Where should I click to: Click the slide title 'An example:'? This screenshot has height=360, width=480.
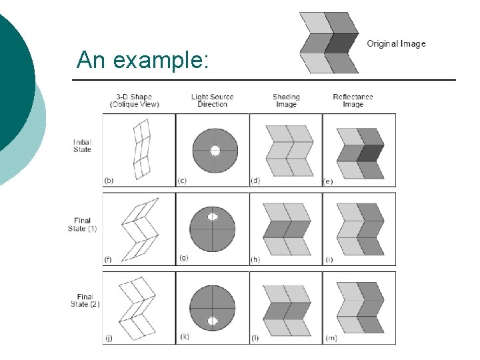143,60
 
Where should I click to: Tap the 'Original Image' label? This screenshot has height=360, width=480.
396,44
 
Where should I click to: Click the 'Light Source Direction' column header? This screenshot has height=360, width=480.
213,100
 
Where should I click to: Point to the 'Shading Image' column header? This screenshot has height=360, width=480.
286,100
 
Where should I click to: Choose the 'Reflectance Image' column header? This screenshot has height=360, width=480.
353,100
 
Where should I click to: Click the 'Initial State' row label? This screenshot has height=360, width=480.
82,145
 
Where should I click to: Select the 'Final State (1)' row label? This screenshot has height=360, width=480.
82,225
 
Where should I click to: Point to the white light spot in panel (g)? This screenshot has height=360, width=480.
213,217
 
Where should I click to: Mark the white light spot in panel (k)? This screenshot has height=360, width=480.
213,321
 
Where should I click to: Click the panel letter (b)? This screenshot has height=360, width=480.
109,181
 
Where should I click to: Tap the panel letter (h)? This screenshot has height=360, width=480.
255,259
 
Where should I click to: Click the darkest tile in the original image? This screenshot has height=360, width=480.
343,43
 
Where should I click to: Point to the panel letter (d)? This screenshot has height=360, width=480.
255,181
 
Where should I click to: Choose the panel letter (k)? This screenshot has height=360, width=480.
182,338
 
